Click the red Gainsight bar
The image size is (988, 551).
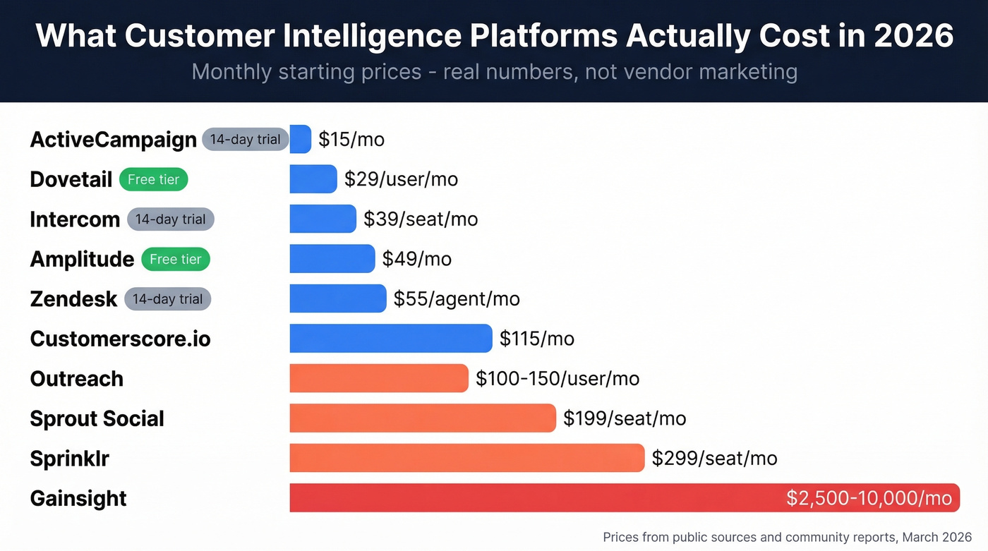tap(536, 498)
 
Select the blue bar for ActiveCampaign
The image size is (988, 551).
tap(300, 139)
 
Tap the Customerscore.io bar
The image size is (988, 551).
tap(390, 339)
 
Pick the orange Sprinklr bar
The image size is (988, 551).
tap(466, 458)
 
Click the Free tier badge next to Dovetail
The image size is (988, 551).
tap(153, 179)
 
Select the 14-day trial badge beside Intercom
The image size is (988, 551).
tap(170, 219)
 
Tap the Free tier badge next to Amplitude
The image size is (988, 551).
tap(176, 259)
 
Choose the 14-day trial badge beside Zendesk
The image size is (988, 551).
tap(167, 299)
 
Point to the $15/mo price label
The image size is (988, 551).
tap(351, 139)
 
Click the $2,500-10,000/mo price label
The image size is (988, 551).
tap(869, 498)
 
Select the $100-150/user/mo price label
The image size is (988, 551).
tap(558, 379)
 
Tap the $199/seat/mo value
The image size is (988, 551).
tap(625, 418)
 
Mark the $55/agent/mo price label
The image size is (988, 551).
tap(457, 299)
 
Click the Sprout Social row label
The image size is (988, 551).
tap(97, 418)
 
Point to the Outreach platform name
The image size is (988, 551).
tap(76, 379)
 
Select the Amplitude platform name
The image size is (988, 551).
tap(82, 259)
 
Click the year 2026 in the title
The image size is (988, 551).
tap(913, 35)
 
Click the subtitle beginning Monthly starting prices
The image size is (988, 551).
tap(494, 71)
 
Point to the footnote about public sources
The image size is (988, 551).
tap(787, 537)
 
